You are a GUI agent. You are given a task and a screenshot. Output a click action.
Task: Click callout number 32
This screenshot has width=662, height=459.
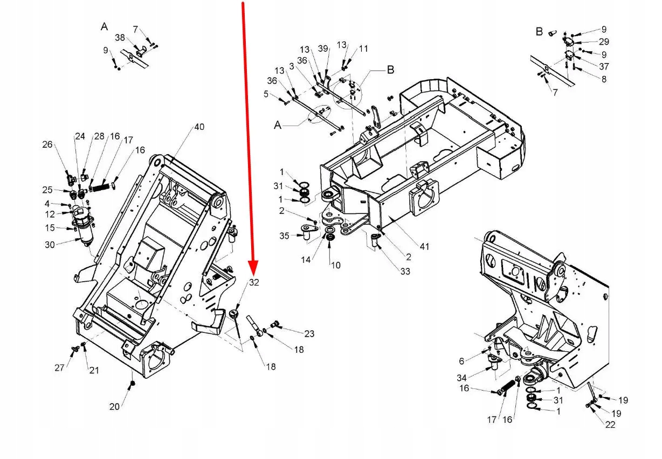[x=254, y=283]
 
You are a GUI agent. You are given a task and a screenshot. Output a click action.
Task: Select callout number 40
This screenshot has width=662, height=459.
[x=199, y=127]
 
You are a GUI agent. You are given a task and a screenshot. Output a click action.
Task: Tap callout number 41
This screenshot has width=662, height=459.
[x=425, y=247]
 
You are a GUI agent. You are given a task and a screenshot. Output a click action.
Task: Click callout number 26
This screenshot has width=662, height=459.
[x=48, y=144]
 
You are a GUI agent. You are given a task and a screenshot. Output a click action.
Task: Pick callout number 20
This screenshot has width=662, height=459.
[x=114, y=407]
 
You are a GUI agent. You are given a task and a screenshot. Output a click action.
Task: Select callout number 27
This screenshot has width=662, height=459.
[x=59, y=367]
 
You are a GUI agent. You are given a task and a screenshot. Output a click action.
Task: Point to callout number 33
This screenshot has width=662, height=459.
[x=405, y=272]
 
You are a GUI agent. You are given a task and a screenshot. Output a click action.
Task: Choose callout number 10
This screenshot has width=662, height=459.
[x=335, y=265]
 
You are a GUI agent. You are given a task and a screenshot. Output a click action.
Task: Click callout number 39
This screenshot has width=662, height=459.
[x=323, y=49]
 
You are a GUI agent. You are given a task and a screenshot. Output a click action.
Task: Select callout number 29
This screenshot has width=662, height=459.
[x=604, y=41]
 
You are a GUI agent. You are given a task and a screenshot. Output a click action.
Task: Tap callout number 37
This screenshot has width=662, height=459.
[x=604, y=67]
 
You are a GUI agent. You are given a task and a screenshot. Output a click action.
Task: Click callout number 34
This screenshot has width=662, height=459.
[x=461, y=377]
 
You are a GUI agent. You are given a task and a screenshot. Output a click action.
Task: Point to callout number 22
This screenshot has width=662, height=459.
[x=610, y=425]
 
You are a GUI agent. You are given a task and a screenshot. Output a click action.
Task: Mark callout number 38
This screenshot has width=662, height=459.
[x=120, y=38]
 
